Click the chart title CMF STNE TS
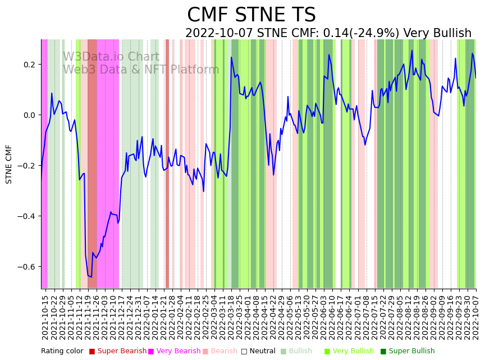251,15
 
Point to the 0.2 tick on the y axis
29,65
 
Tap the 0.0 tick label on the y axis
29,115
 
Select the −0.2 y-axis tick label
26,166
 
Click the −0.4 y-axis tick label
26,216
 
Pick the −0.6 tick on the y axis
26,267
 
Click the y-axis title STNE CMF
9,164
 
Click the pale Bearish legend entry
224,352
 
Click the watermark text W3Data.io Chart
111,57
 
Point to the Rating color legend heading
62,352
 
